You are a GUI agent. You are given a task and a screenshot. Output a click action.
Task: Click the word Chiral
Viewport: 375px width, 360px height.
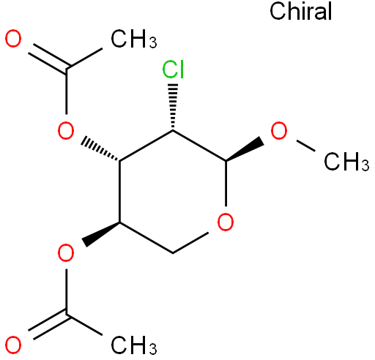click(x=300, y=11)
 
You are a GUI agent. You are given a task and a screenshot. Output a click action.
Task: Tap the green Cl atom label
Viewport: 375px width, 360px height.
click(x=173, y=70)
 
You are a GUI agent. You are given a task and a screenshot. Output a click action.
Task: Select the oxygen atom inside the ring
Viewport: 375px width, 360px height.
click(x=226, y=222)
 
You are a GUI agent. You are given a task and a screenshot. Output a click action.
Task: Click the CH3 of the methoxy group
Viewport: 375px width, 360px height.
click(x=346, y=162)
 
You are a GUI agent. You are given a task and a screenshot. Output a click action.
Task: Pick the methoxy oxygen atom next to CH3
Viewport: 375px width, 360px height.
click(x=279, y=130)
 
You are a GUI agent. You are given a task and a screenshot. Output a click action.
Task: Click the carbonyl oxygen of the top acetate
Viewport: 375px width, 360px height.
click(x=13, y=39)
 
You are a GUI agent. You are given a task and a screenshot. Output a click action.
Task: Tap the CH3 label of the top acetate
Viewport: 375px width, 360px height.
click(x=134, y=39)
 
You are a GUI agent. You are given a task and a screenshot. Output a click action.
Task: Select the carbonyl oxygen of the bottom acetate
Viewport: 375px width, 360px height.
click(x=13, y=345)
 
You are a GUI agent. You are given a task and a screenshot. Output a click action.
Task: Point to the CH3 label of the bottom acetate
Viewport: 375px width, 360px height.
click(x=134, y=345)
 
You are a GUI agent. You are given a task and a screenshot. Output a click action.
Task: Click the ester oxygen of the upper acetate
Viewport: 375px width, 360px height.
click(x=66, y=130)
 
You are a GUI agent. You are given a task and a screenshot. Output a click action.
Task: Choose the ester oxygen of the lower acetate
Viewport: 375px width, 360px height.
click(x=66, y=253)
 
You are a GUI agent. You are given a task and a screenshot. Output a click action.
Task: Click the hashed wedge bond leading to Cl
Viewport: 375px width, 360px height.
click(x=173, y=107)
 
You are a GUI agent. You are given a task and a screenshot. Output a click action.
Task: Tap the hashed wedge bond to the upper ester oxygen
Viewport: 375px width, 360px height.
click(x=100, y=149)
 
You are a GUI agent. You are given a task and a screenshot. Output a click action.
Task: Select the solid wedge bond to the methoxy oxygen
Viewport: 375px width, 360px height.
click(x=245, y=149)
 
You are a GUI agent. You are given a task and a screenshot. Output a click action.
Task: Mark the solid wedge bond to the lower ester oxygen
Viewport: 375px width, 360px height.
click(x=100, y=235)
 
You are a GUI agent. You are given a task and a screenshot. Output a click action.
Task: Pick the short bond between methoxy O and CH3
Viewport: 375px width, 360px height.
click(x=305, y=146)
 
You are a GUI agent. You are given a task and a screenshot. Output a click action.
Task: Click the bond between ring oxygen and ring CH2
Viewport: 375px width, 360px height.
click(x=190, y=242)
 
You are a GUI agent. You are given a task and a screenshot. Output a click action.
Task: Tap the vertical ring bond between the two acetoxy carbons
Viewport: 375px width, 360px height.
click(x=119, y=192)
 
